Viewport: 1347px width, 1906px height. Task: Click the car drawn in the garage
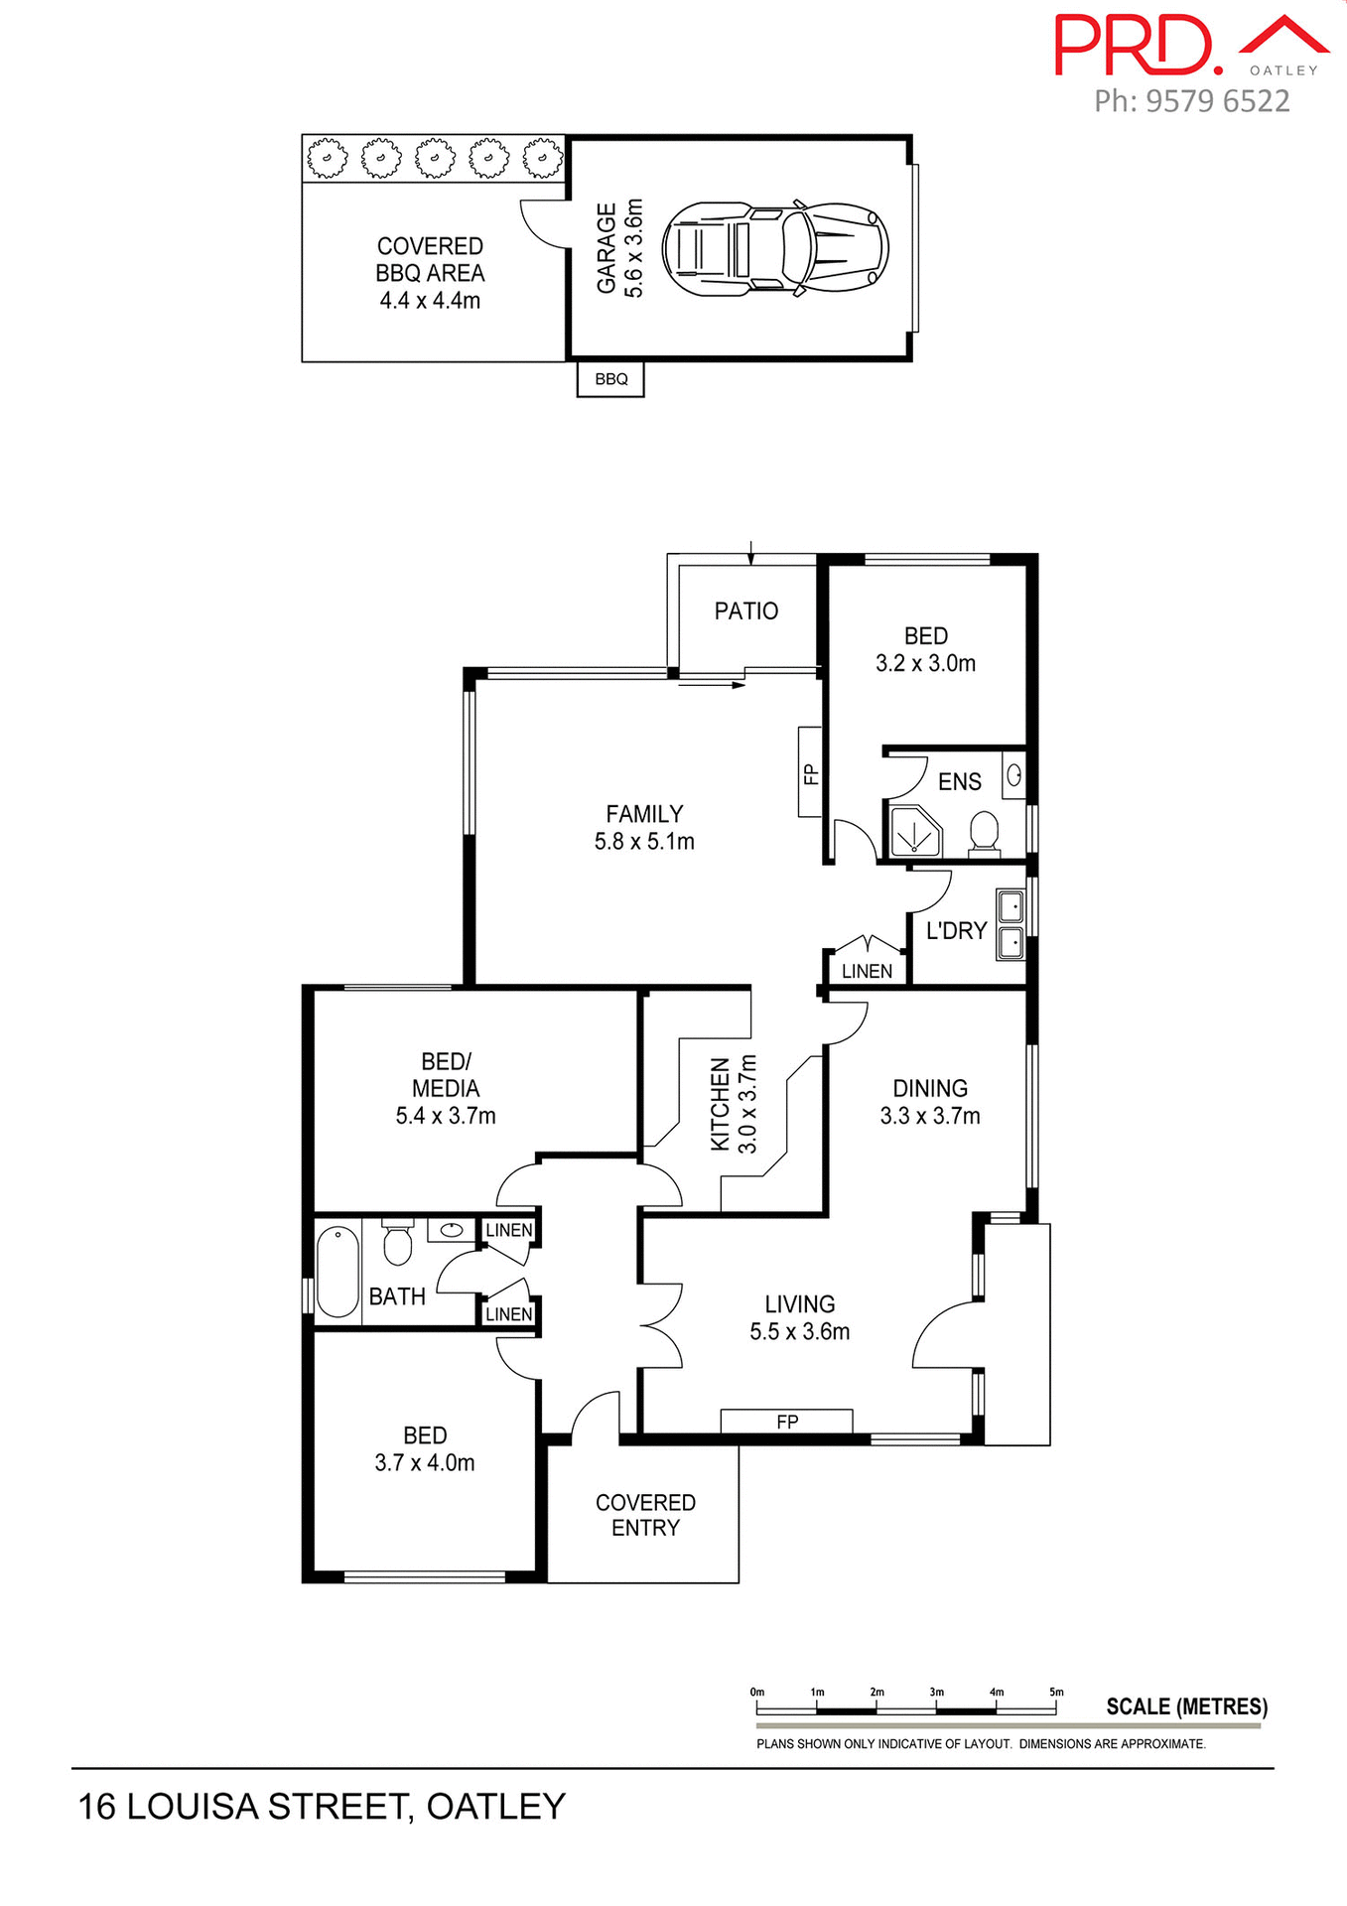tap(774, 248)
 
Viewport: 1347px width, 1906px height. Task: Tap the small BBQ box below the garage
tap(610, 379)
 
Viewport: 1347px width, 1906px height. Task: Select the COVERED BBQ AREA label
tap(430, 272)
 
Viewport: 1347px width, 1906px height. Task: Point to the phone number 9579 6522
tap(1191, 100)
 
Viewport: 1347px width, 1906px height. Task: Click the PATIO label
tap(745, 611)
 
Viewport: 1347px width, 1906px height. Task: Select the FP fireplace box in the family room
tap(810, 772)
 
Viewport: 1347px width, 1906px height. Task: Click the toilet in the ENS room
tap(984, 832)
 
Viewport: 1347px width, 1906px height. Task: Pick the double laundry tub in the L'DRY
tap(1010, 925)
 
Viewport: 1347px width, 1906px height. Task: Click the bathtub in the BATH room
tap(337, 1272)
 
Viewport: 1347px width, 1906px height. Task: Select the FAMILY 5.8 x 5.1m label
tap(644, 827)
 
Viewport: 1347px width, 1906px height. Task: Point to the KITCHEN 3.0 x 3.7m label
tap(734, 1104)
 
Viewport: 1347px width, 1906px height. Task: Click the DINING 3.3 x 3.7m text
tap(929, 1102)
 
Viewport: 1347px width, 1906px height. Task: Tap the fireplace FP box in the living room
tap(786, 1421)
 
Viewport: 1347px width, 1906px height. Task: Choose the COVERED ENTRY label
tap(645, 1515)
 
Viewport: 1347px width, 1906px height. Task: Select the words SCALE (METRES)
tap(1186, 1706)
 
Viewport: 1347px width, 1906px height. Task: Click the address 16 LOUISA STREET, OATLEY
tap(322, 1806)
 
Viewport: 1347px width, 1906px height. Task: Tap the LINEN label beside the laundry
tap(867, 971)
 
